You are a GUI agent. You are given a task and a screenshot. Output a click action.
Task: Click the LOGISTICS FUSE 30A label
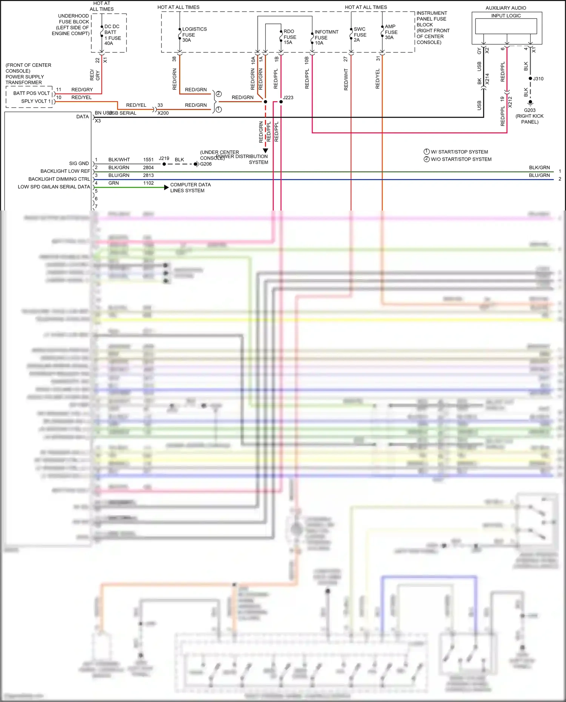click(x=194, y=34)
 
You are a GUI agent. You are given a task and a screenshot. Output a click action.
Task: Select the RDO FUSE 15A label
click(x=289, y=37)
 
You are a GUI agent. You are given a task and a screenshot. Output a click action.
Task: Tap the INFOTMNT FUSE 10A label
click(x=326, y=37)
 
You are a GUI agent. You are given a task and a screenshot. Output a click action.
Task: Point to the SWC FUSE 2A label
click(x=360, y=34)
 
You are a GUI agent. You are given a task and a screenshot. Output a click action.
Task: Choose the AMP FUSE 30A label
click(x=391, y=32)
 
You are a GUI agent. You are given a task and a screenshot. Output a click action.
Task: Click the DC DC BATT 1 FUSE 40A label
click(x=112, y=35)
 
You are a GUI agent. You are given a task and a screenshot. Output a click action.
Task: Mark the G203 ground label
click(x=529, y=110)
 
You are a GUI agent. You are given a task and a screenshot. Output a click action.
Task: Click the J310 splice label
click(x=538, y=79)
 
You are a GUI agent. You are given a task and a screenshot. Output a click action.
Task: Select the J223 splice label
click(x=288, y=97)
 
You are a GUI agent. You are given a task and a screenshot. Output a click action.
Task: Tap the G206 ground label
click(x=206, y=164)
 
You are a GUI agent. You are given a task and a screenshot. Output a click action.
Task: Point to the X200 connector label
click(x=163, y=113)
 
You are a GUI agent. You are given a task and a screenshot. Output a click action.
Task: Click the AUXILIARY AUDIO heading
click(x=506, y=8)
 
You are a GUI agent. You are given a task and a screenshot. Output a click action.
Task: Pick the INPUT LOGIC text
click(x=506, y=16)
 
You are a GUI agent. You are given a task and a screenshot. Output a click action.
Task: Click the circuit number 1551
click(x=148, y=160)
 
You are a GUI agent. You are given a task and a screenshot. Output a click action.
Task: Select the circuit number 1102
click(x=148, y=183)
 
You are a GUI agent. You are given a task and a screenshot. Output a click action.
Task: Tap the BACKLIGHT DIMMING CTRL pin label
click(x=59, y=179)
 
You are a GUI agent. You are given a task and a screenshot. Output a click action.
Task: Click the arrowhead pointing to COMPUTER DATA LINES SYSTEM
click(x=166, y=187)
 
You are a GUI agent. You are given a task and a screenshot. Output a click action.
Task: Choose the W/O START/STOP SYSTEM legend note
click(x=461, y=159)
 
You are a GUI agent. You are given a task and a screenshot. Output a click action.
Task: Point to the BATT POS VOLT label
click(x=31, y=93)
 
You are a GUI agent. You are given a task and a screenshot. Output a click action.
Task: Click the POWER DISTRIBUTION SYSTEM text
click(x=246, y=159)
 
